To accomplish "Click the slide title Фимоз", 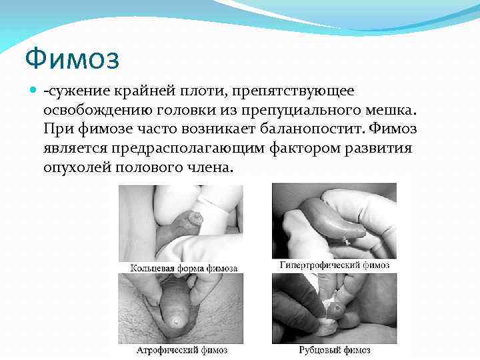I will (72, 59).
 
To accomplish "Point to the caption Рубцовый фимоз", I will (333, 349).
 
